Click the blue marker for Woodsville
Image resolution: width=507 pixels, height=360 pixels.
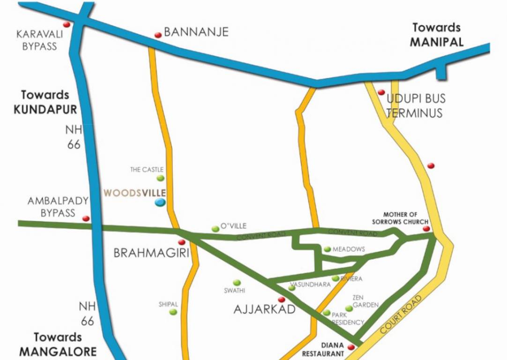click(160, 202)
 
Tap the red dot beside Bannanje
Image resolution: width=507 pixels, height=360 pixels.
click(158, 35)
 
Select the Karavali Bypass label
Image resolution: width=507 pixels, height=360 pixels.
click(37, 40)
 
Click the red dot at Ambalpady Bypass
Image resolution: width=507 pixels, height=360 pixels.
click(86, 218)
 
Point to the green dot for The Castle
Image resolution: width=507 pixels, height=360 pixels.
click(161, 178)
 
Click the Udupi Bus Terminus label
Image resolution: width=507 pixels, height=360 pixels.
click(415, 106)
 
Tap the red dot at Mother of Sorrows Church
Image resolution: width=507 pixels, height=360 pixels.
click(426, 229)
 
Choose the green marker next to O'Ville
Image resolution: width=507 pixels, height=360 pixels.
click(215, 229)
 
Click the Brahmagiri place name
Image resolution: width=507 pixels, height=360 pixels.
click(151, 254)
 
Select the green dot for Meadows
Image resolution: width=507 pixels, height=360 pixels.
click(327, 249)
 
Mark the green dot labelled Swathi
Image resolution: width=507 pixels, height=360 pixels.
click(237, 283)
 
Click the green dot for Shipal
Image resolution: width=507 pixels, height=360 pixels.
click(173, 312)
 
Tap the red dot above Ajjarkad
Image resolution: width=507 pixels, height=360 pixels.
click(282, 299)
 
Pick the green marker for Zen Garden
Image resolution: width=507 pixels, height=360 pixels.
click(349, 308)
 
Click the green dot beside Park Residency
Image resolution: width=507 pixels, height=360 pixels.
click(327, 313)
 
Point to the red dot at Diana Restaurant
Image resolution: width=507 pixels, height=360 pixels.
click(350, 347)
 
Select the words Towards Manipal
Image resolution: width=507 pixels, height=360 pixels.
click(436, 35)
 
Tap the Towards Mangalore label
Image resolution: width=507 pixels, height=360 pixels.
click(58, 344)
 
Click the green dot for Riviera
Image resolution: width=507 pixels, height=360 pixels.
click(336, 278)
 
